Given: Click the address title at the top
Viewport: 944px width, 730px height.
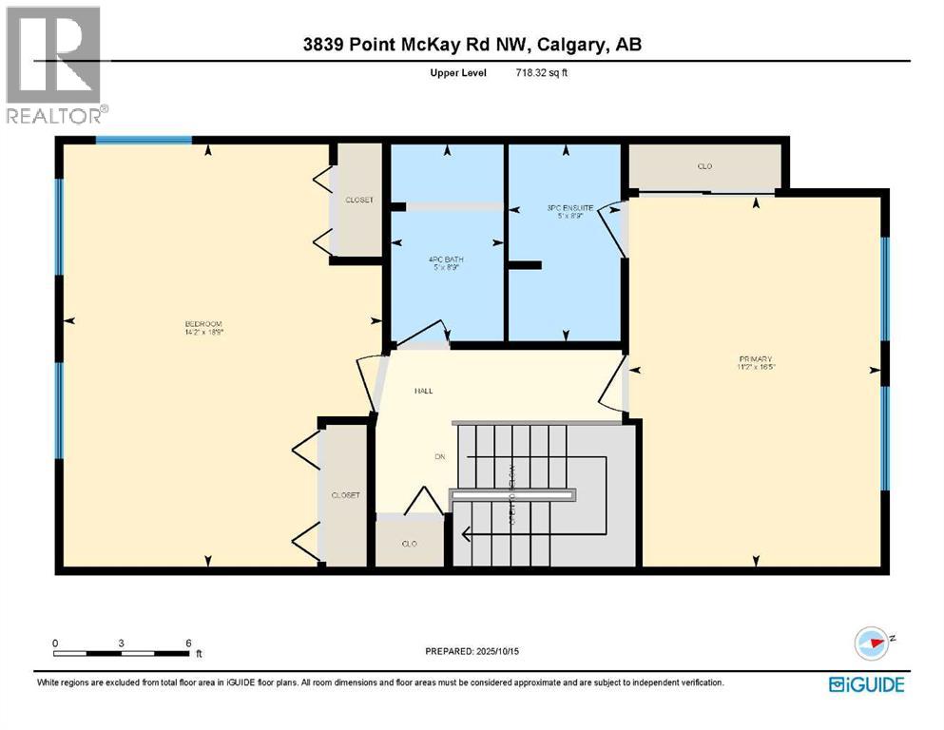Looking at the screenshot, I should (x=472, y=45).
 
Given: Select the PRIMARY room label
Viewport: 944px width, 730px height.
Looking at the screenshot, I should (x=757, y=362).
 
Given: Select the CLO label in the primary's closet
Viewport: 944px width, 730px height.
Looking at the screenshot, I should (x=704, y=166).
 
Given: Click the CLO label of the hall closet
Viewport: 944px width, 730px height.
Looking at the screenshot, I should (x=411, y=544).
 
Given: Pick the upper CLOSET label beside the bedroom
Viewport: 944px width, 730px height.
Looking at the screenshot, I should (x=359, y=201).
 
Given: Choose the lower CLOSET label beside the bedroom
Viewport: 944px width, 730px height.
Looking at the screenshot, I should (x=345, y=495).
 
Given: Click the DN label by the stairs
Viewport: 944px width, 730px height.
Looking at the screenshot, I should (x=440, y=457).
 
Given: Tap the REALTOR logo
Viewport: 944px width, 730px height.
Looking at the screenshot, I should (x=54, y=66).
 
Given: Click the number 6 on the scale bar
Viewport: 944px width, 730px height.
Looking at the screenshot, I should (x=187, y=643).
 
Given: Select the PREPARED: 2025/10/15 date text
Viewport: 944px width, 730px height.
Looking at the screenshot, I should (x=474, y=651).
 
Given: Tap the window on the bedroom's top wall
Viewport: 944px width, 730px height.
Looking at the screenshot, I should (x=144, y=141).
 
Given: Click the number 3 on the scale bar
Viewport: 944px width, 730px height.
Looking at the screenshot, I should (x=122, y=643).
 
